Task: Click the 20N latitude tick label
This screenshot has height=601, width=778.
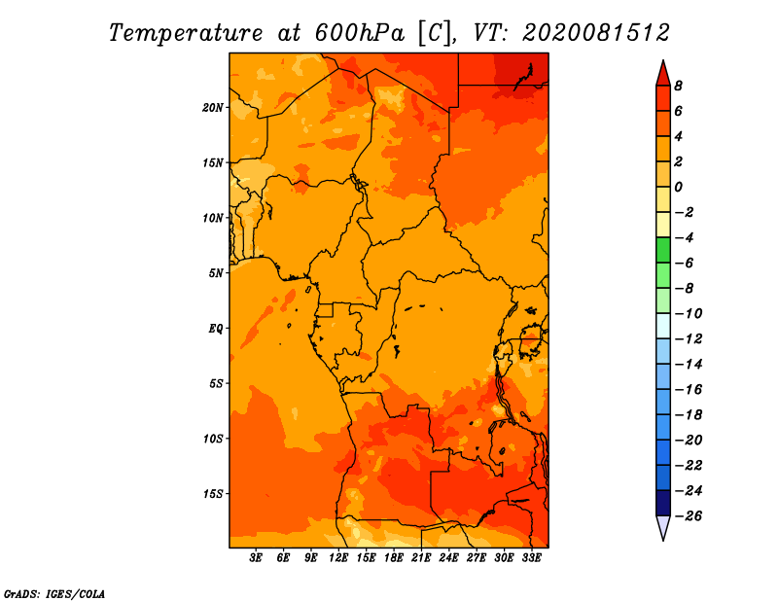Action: click(212, 108)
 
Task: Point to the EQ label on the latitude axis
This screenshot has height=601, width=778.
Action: click(215, 329)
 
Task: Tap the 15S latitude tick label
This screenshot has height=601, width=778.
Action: click(212, 494)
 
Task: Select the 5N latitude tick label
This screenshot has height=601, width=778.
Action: click(215, 273)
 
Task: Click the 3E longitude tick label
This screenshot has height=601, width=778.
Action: click(256, 557)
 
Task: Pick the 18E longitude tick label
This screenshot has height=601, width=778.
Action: click(393, 557)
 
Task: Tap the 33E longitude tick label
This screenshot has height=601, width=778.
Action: click(531, 557)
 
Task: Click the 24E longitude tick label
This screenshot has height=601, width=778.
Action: click(448, 557)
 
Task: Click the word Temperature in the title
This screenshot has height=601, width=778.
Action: click(186, 33)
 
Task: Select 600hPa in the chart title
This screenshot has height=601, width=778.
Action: click(360, 33)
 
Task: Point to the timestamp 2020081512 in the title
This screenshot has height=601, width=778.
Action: click(596, 33)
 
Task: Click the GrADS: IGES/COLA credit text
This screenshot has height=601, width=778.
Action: click(54, 594)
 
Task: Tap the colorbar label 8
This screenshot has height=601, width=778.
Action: click(678, 86)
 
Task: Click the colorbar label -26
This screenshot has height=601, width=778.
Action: click(689, 516)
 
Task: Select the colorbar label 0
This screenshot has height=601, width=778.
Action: click(678, 187)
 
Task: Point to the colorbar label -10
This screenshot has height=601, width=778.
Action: click(689, 314)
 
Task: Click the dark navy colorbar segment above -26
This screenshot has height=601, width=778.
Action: click(663, 503)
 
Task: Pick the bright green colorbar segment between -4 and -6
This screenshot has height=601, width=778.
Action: click(663, 250)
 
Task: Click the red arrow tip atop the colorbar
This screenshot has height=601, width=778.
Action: click(663, 60)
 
